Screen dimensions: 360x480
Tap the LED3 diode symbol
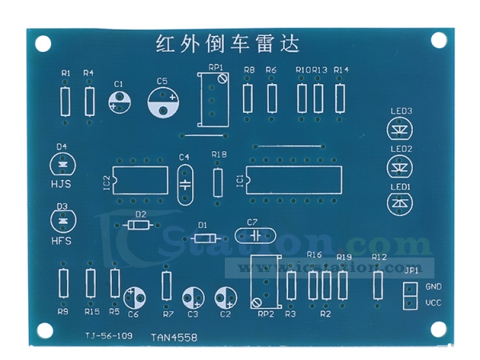pos(400,130)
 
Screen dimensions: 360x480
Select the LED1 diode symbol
pos(400,204)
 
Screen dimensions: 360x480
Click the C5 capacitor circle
pos(165,103)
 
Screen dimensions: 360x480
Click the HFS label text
pos(62,239)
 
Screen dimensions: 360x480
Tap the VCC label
pos(433,302)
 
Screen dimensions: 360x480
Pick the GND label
pos(433,286)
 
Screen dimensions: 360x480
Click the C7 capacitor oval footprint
pos(255,236)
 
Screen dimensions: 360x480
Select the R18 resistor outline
pos(218,182)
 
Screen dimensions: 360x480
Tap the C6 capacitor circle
pos(135,298)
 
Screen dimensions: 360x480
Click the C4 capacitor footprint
pos(185,183)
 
